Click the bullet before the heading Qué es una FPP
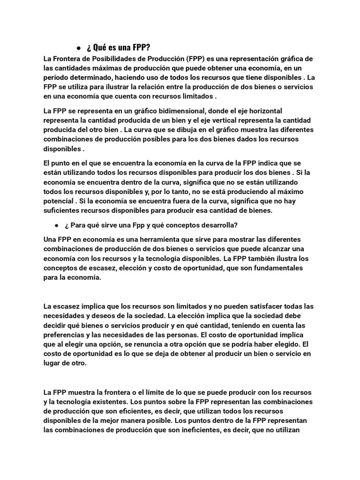(78, 48)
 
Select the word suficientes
(63, 210)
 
